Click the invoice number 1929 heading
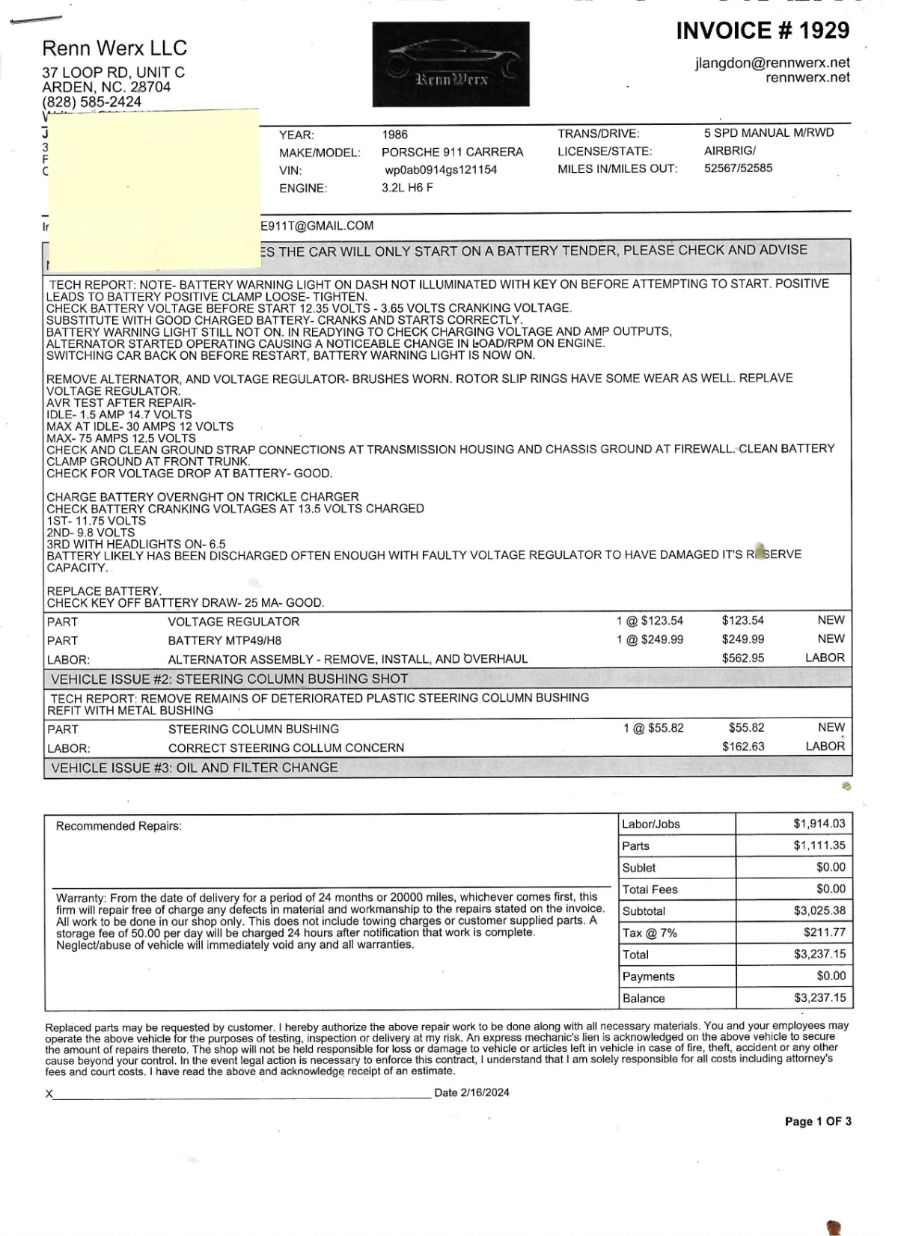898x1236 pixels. [x=763, y=31]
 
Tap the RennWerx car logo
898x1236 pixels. [x=450, y=64]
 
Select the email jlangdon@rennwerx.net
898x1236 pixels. [x=772, y=63]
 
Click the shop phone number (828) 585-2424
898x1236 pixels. [x=91, y=102]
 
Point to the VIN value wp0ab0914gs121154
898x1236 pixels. [x=441, y=170]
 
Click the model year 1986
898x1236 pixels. [x=394, y=135]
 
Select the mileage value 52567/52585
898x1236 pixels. [x=738, y=168]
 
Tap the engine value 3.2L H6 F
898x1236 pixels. [x=407, y=188]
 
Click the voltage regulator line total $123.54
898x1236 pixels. [x=742, y=620]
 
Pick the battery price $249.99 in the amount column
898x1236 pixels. [x=742, y=639]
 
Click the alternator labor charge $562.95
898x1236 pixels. [x=742, y=658]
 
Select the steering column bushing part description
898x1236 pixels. [x=253, y=729]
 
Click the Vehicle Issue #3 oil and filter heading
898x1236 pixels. [x=195, y=768]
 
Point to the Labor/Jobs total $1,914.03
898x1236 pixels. [x=819, y=824]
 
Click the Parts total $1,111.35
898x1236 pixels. [x=819, y=845]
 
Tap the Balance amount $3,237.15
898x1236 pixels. [x=819, y=997]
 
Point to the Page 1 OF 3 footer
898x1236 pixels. [x=817, y=1122]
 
